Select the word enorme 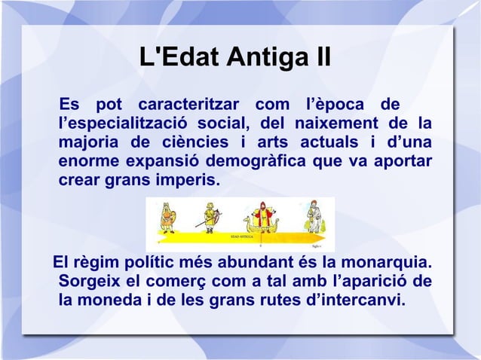[87, 162]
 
